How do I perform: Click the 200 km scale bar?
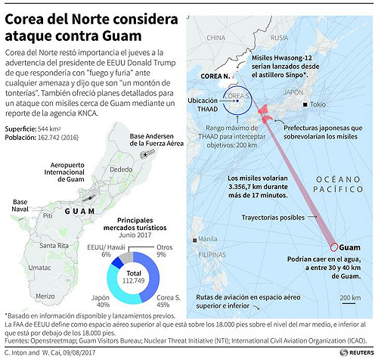pyautogui.click(x=350, y=297)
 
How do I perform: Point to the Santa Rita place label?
pyautogui.click(x=53, y=245)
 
